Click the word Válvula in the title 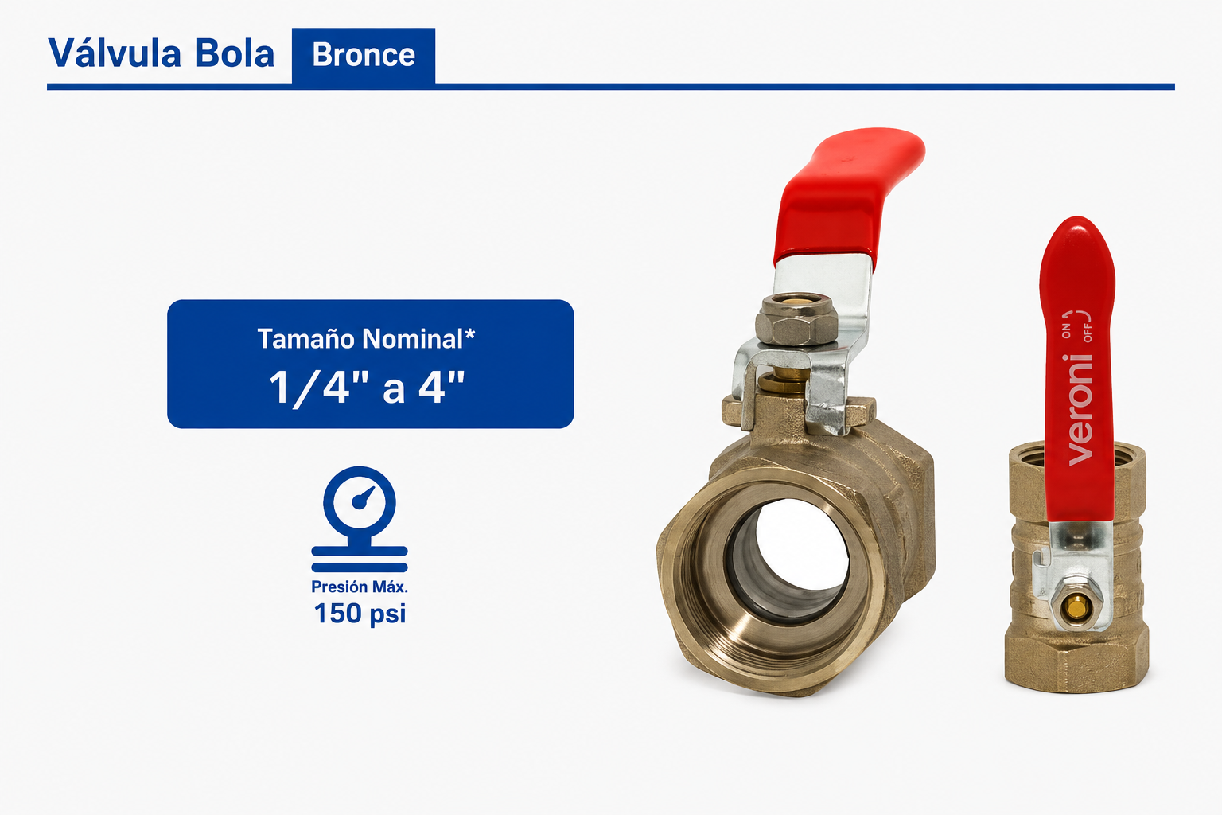[115, 53]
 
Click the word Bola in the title [235, 53]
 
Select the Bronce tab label [364, 55]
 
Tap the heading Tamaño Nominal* [366, 339]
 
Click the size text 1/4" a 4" [367, 387]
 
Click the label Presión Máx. [360, 587]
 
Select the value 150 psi [360, 613]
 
